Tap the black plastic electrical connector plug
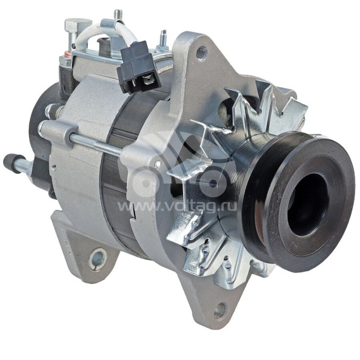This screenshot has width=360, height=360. [x=138, y=67]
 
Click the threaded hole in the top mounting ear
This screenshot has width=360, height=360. [x=202, y=54]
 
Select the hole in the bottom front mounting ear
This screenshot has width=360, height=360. [x=220, y=310]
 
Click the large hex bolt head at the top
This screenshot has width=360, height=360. [x=78, y=25]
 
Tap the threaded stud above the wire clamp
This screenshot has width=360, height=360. [x=118, y=15]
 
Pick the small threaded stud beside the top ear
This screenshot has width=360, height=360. [x=162, y=39]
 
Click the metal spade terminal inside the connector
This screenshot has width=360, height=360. [x=148, y=81]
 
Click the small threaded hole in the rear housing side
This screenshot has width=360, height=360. [x=54, y=166]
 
